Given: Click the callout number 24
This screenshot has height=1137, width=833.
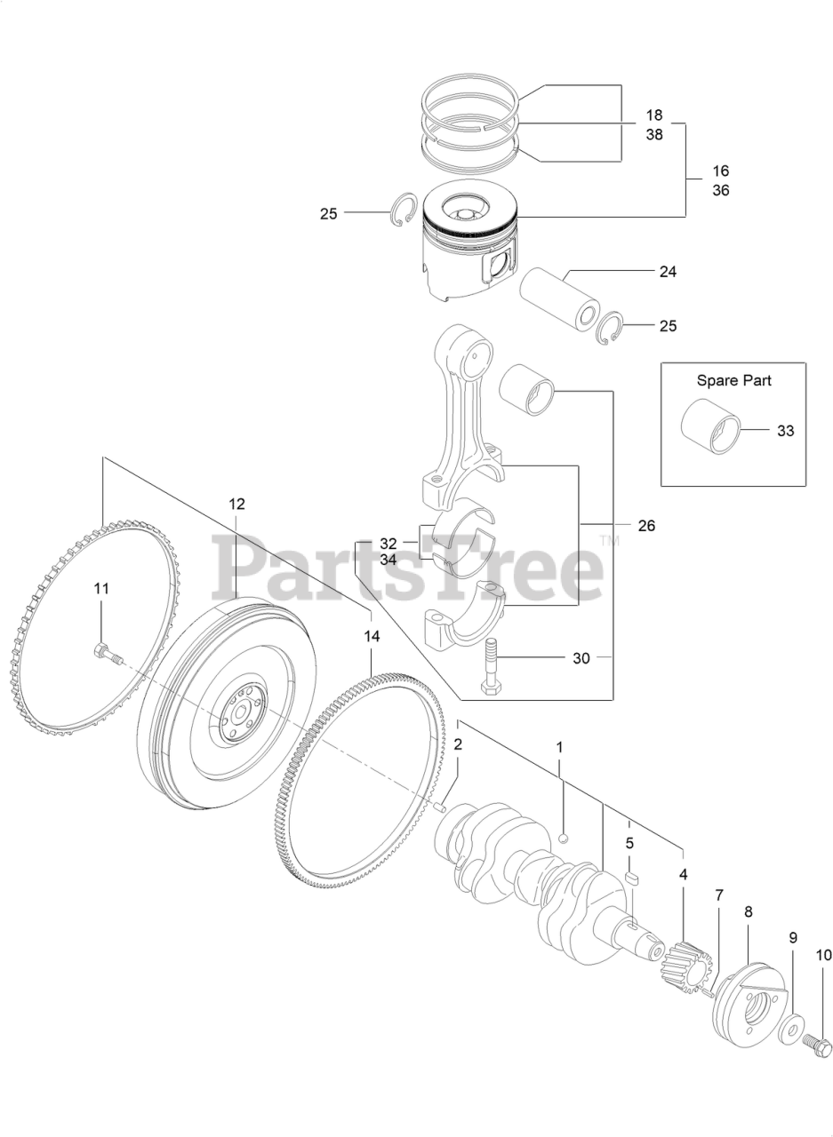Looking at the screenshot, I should click(x=668, y=272).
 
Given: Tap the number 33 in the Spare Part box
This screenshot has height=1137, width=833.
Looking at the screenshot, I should click(x=785, y=431).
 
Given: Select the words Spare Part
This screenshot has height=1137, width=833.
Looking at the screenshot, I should click(x=733, y=380).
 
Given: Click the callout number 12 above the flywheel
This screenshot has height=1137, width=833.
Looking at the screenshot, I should click(x=236, y=504).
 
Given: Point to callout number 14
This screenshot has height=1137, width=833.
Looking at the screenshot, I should click(x=372, y=636).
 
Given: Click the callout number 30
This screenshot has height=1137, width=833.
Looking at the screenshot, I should click(x=581, y=658).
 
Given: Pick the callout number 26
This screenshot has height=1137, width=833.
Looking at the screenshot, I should click(x=646, y=526).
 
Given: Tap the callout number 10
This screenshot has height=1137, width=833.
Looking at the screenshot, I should click(x=823, y=956).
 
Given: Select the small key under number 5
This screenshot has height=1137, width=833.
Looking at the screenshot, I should click(x=632, y=878).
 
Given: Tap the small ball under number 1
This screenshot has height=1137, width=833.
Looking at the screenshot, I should click(x=564, y=837).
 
